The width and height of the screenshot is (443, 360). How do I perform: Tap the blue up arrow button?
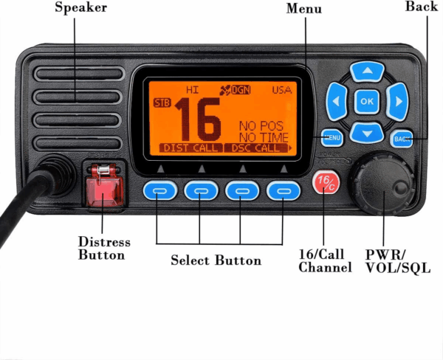coord(367,71)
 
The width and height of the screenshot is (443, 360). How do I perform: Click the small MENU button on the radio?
coord(332,137)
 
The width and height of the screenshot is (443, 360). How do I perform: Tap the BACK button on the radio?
coord(402,138)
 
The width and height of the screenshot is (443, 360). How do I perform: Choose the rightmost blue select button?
coord(282,191)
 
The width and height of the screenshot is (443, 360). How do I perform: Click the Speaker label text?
coord(81,8)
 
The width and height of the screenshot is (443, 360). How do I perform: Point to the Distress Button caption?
coord(104,249)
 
